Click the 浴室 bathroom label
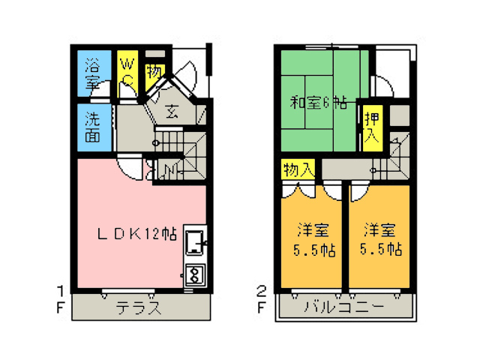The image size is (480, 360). pyautogui.click(x=92, y=73)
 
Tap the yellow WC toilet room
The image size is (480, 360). pyautogui.click(x=127, y=73)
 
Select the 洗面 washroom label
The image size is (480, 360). pyautogui.click(x=92, y=127)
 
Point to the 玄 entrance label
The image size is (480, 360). pyautogui.click(x=172, y=112)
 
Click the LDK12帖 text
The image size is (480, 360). pyautogui.click(x=136, y=234)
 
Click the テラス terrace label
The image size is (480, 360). pyautogui.click(x=138, y=307)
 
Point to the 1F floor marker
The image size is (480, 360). pyautogui.click(x=61, y=299)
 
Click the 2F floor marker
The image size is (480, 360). pyautogui.click(x=261, y=299)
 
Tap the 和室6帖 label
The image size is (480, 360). pyautogui.click(x=318, y=103)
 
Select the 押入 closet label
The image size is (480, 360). pyautogui.click(x=372, y=127)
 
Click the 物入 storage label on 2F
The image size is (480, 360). pyautogui.click(x=298, y=169)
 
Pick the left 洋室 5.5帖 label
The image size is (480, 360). pyautogui.click(x=314, y=240)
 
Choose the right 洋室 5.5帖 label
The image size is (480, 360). pyautogui.click(x=380, y=240)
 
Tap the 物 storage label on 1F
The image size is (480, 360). pyautogui.click(x=154, y=72)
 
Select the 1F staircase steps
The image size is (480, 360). pyautogui.click(x=180, y=155)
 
